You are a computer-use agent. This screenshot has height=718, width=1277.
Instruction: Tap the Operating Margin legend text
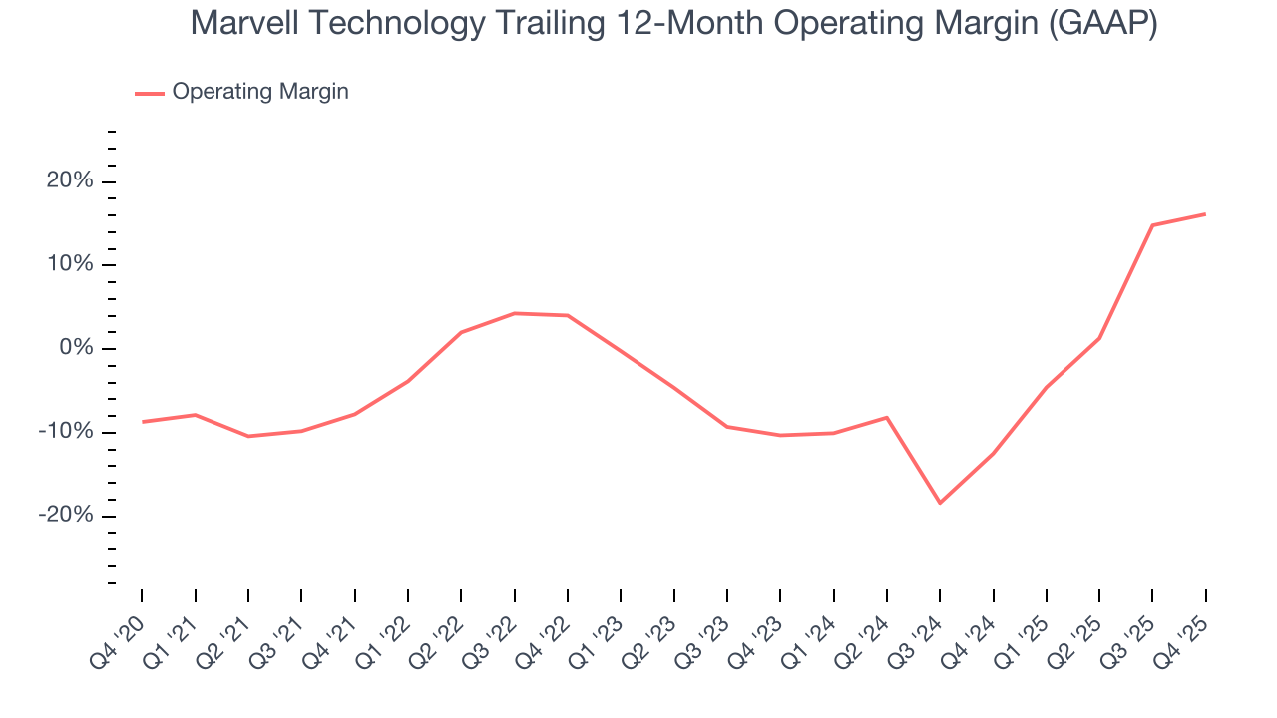(x=260, y=92)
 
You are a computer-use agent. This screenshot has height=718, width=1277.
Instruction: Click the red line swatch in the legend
(x=150, y=93)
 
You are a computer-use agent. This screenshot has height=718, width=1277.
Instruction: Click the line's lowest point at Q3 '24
(x=940, y=503)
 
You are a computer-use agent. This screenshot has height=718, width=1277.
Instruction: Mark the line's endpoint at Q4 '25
(x=1205, y=214)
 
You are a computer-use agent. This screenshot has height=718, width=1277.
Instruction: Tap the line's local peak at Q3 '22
(x=514, y=313)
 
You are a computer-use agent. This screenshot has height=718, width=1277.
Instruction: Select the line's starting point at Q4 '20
(x=142, y=422)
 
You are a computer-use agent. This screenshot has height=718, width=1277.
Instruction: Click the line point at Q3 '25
(x=1152, y=225)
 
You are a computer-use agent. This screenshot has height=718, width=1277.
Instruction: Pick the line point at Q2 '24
(x=887, y=417)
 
